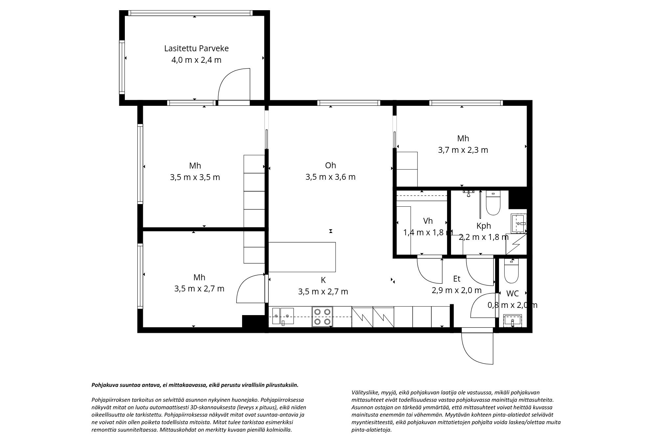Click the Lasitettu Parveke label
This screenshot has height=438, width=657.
click(196, 49)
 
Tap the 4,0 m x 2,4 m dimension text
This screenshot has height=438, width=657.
click(196, 60)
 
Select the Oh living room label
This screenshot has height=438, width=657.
click(330, 165)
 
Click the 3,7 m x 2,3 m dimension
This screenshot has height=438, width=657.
click(463, 150)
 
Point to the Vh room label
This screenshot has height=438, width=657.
click(428, 221)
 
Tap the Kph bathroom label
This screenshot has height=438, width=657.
click(484, 226)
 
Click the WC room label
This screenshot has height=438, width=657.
click(512, 293)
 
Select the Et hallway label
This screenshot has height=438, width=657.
click(457, 279)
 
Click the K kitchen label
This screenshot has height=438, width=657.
click(323, 280)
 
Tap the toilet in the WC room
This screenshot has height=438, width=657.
click(511, 271)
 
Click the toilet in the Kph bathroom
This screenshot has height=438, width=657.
click(493, 203)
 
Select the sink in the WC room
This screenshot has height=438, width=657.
click(512, 321)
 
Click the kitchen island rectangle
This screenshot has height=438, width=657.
click(302, 257)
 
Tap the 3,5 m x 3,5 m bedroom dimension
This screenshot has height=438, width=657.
click(195, 177)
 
